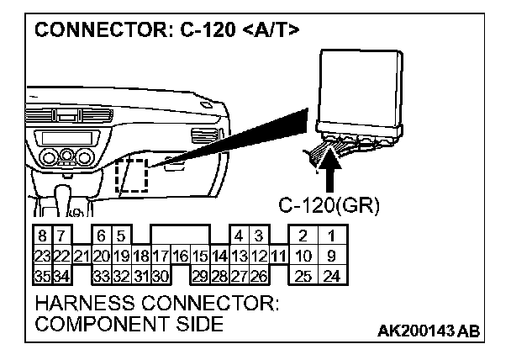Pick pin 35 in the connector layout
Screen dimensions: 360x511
41,275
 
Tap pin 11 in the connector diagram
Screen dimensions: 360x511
279,256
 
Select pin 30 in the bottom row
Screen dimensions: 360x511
161,275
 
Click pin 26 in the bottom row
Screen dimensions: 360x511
259,275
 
